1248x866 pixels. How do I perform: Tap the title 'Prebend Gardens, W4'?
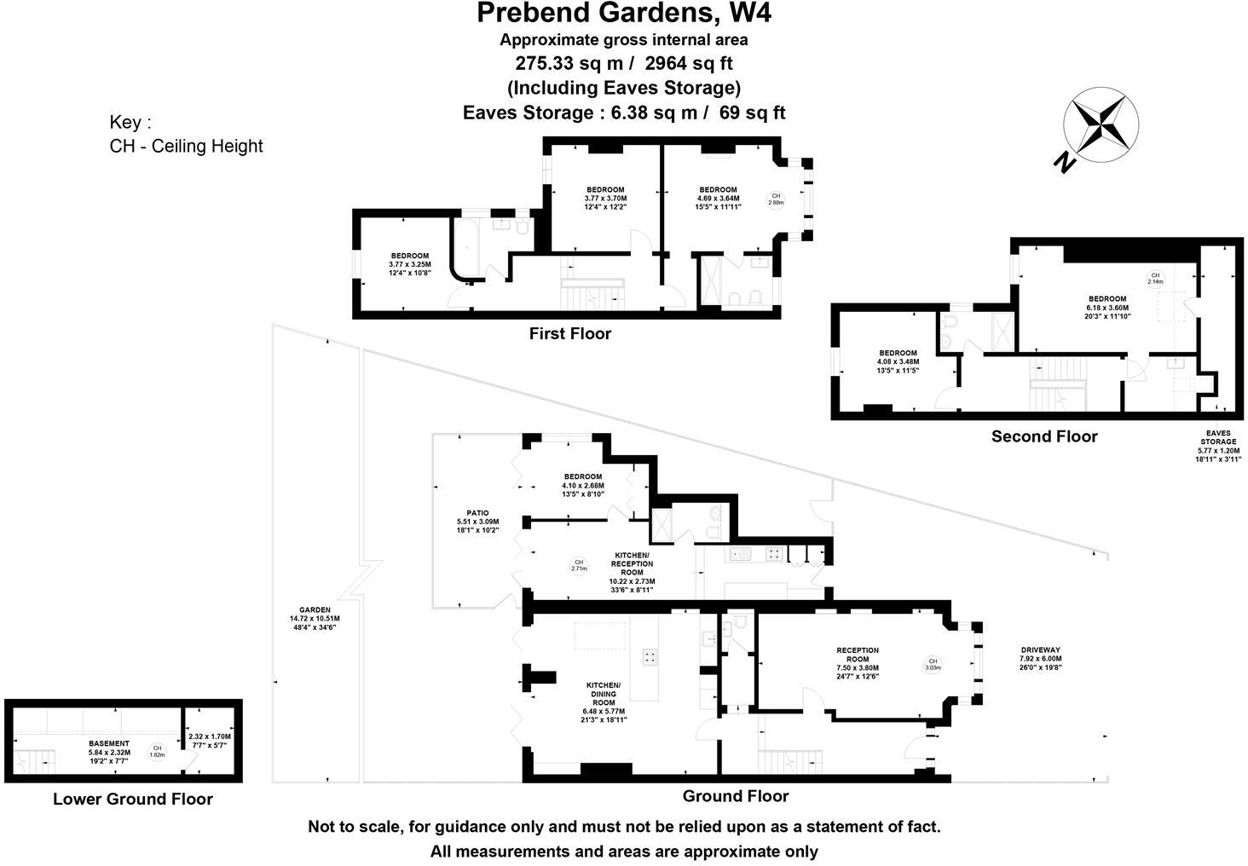(x=624, y=14)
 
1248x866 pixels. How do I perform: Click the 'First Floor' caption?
(x=569, y=333)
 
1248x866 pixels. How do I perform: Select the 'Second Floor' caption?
(x=1043, y=436)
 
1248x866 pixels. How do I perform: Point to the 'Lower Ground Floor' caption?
(x=132, y=799)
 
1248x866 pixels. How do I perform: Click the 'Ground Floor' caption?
(x=735, y=796)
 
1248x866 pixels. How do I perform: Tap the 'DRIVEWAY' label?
(x=1040, y=649)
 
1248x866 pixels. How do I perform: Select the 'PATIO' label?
(x=477, y=513)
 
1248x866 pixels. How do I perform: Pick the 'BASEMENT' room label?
(x=109, y=743)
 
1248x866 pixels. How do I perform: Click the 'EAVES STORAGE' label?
(x=1218, y=437)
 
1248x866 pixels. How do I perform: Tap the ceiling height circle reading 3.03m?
(x=933, y=664)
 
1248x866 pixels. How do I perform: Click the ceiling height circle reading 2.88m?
(x=775, y=199)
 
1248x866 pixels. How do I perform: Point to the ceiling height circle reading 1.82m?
(x=157, y=751)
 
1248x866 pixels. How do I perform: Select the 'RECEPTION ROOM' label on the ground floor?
(x=857, y=655)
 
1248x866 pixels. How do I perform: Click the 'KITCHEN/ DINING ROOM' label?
(x=604, y=694)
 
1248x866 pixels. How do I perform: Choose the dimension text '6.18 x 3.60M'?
(x=1106, y=309)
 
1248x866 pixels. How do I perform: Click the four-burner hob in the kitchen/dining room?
(x=649, y=655)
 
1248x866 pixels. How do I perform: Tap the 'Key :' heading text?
(x=130, y=122)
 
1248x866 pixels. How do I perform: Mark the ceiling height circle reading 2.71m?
(x=578, y=565)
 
